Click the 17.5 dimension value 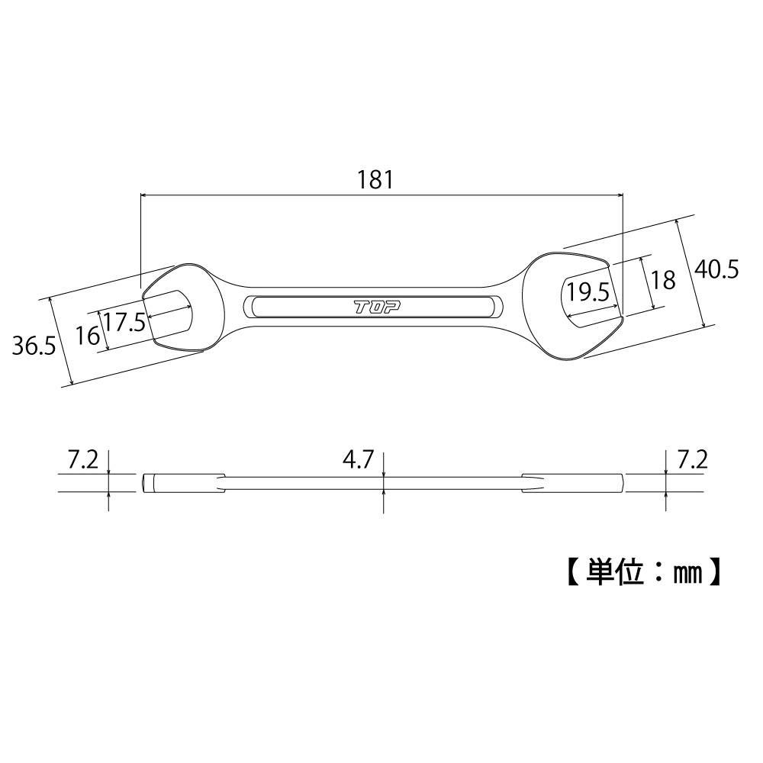click(124, 322)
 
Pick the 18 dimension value click(665, 280)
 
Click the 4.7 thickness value click(357, 460)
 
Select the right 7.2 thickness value click(693, 460)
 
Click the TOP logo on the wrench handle click(377, 307)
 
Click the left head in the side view click(183, 484)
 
